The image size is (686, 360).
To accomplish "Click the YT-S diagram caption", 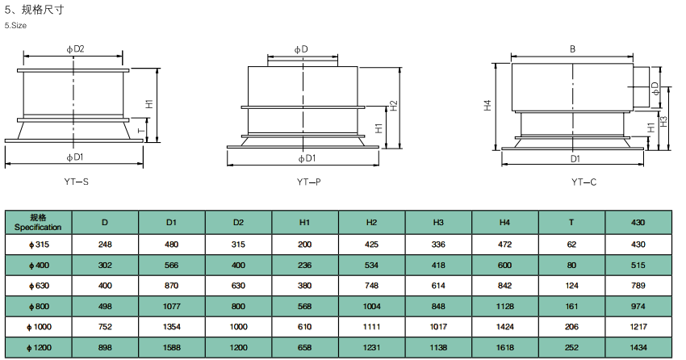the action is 76,182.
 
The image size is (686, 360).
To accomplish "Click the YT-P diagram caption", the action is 309,182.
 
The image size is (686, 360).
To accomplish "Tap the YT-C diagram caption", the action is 584,182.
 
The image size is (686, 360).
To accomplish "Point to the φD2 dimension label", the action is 75,49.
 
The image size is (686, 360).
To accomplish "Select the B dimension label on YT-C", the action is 573,49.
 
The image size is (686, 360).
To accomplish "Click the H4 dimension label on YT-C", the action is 487,105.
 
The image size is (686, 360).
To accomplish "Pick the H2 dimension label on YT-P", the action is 393,106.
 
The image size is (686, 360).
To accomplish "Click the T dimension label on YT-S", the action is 141,130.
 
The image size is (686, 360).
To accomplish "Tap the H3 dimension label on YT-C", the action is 663,121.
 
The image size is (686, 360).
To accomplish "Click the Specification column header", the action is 38,223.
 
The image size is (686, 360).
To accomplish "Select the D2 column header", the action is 238,223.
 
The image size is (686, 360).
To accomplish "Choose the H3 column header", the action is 438,223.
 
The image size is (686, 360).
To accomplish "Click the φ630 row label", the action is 39,286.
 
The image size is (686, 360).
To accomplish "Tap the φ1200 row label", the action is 39,348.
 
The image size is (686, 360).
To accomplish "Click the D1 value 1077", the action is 171,307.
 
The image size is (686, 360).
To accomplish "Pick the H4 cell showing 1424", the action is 505,327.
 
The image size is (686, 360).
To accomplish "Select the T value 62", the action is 571,245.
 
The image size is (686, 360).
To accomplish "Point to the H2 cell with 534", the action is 371,265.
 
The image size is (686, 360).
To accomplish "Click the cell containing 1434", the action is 638,348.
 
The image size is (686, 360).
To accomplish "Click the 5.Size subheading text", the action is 15,25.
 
